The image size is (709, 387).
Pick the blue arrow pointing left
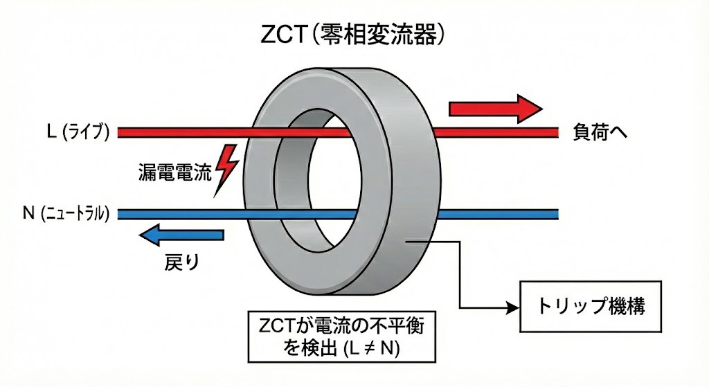tap(181, 235)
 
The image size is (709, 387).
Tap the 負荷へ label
tap(602, 131)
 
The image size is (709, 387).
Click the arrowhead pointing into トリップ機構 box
tap(513, 307)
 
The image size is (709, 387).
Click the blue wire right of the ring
tap(499, 213)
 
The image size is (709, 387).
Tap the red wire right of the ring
tap(499, 131)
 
